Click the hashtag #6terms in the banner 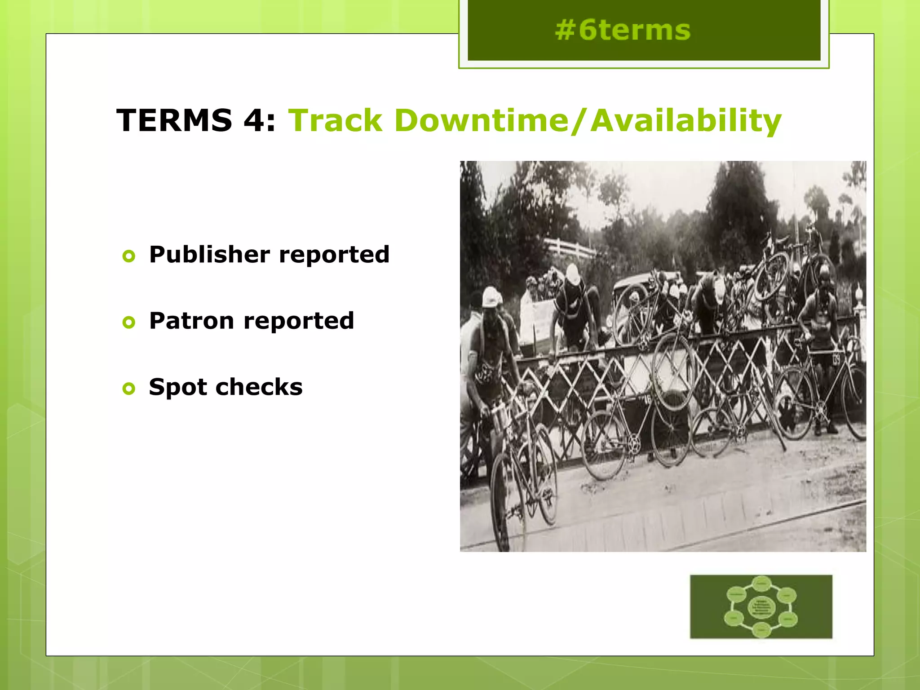coord(622,31)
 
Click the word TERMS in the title coord(174,120)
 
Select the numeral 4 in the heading coord(254,120)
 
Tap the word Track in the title coord(335,120)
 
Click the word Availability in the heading coord(686,120)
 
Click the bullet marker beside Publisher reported coord(129,256)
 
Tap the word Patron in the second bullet coord(191,321)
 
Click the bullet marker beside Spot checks coord(129,388)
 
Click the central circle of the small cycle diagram coord(761,607)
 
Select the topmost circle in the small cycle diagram coord(761,584)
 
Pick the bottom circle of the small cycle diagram coord(761,630)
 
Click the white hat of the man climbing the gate coord(572,273)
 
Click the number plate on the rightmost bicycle coord(836,359)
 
